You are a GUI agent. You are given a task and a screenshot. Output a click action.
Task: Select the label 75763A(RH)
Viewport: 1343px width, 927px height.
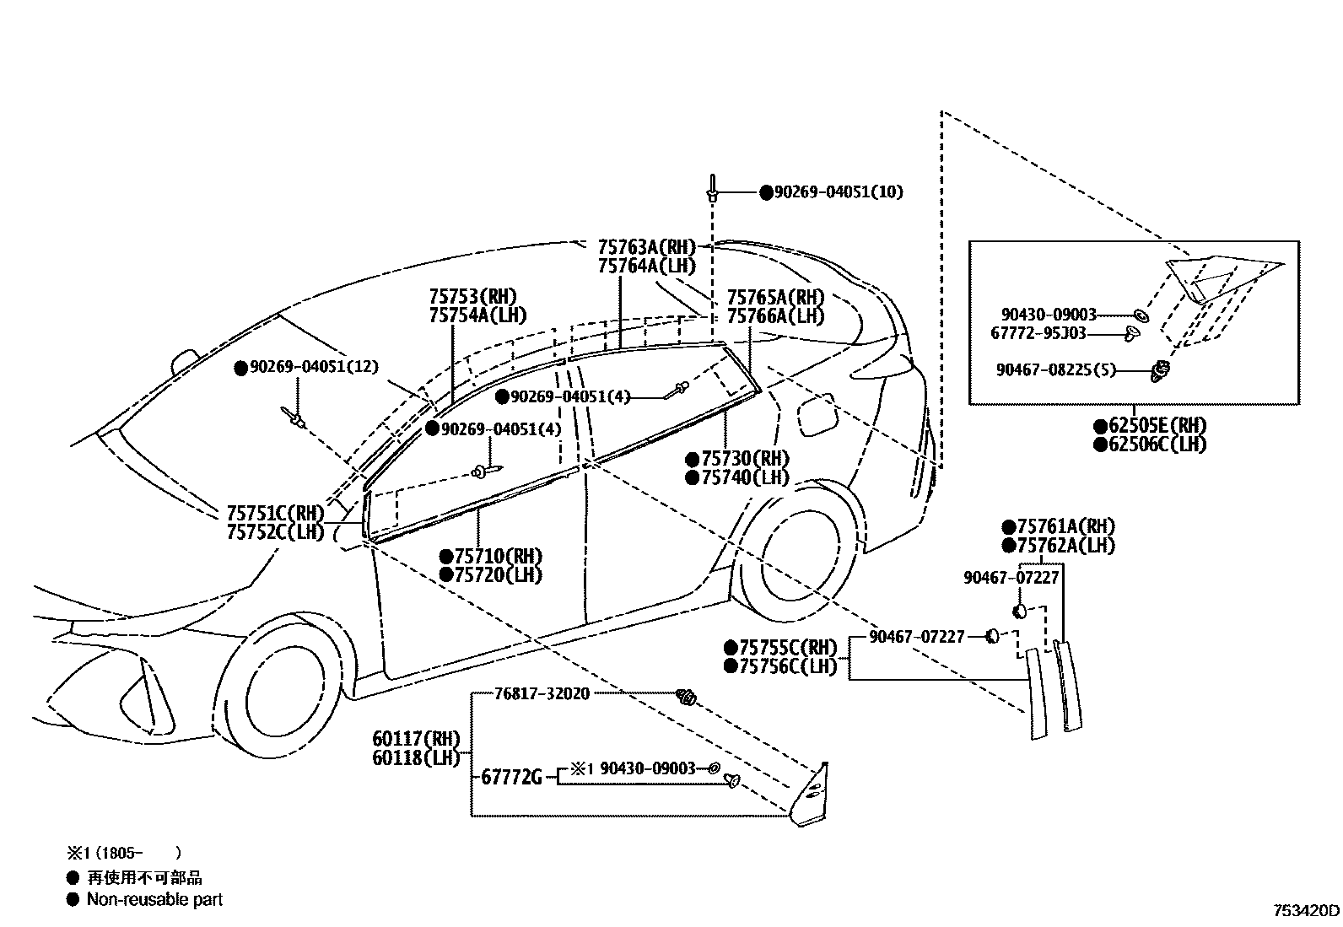point(646,247)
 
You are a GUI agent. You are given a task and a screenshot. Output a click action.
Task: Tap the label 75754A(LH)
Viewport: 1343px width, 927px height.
point(477,315)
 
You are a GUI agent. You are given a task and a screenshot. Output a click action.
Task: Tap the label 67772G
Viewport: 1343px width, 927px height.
point(511,777)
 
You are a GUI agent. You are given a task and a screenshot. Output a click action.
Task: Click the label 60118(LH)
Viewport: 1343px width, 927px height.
point(416,757)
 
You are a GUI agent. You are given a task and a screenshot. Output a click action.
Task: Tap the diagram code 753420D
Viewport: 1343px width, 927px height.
point(1306,911)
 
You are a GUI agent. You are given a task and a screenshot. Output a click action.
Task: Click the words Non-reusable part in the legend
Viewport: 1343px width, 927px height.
point(154,900)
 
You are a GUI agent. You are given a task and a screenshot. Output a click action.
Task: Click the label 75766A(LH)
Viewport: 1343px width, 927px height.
point(774,316)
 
